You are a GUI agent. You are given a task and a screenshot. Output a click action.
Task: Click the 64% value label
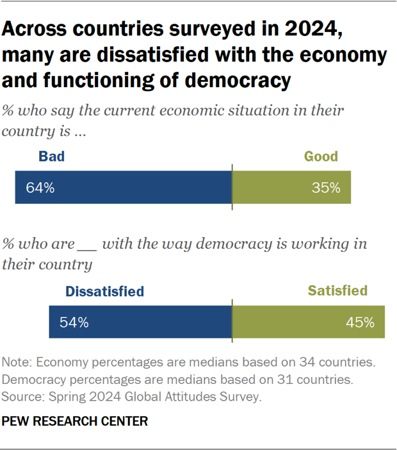click(40, 188)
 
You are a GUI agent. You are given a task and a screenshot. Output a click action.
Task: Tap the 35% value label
click(326, 188)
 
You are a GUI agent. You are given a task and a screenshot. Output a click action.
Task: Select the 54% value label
click(74, 322)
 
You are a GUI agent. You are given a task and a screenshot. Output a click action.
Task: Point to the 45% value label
click(360, 322)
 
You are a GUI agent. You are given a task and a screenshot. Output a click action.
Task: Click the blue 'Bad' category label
click(51, 156)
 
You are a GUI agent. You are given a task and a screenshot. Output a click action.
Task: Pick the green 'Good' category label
click(320, 156)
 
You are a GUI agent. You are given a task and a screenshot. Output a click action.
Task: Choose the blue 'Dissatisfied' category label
click(104, 291)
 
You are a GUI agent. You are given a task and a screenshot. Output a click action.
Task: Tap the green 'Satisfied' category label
click(337, 291)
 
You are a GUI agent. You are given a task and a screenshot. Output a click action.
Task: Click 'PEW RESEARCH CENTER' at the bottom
click(75, 421)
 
